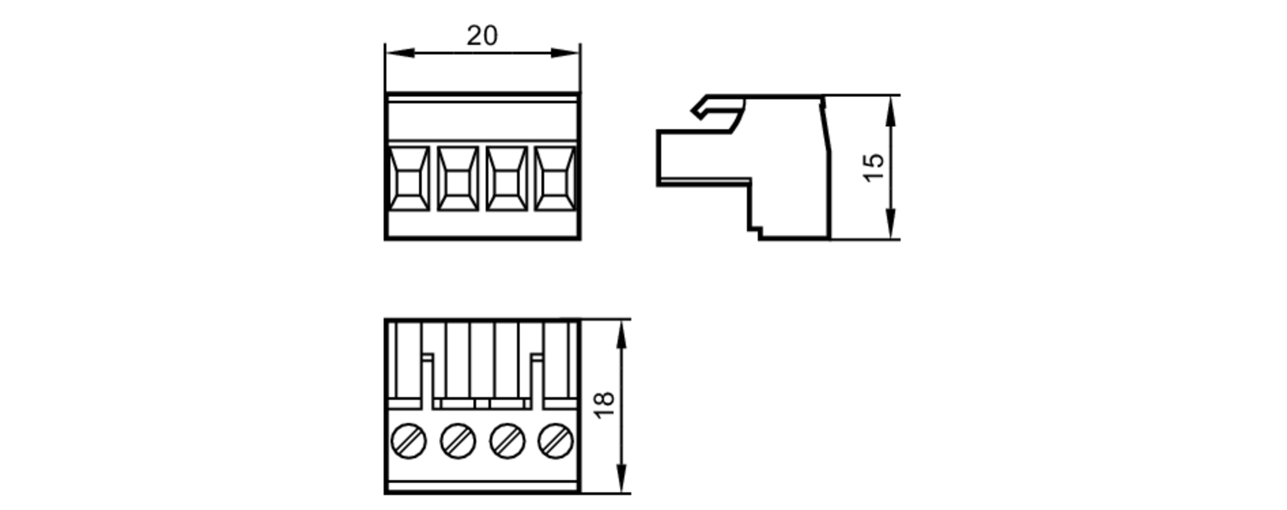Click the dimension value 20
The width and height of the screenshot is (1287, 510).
click(x=482, y=36)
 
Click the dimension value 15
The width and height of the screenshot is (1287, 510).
click(x=875, y=167)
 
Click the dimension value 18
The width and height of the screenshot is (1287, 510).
click(x=605, y=405)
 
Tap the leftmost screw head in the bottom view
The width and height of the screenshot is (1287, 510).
click(x=409, y=441)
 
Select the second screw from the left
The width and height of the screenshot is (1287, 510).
click(x=458, y=441)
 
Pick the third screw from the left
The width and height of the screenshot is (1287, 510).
click(x=507, y=441)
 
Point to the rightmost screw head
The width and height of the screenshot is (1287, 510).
click(x=556, y=441)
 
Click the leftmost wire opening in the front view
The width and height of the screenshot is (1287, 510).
click(x=409, y=178)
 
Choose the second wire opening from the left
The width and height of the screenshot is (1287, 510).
click(x=458, y=178)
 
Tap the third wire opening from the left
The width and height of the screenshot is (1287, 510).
click(x=506, y=178)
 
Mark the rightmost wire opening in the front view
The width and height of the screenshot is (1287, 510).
click(x=555, y=178)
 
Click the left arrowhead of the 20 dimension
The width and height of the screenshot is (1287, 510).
click(x=399, y=53)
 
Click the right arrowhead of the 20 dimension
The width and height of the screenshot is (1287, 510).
click(x=566, y=53)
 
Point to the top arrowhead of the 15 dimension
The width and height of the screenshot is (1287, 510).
click(x=891, y=111)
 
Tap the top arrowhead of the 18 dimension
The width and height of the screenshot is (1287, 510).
click(x=621, y=334)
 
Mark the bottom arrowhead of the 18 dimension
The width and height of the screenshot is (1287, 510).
click(x=621, y=478)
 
